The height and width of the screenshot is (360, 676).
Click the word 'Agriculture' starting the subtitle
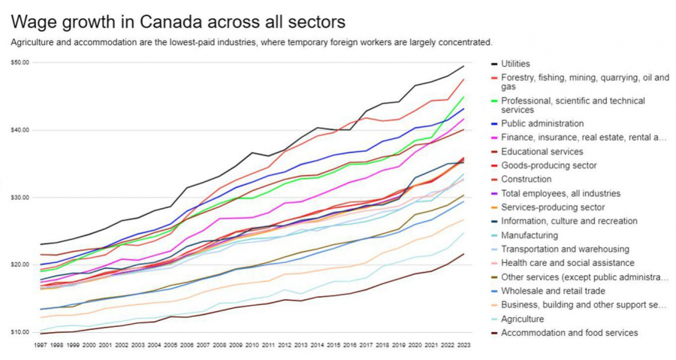coord(34,42)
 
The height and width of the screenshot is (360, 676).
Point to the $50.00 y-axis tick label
coord(20,62)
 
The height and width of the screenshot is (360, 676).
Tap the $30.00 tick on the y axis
coord(20,198)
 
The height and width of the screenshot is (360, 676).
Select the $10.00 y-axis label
coord(20,332)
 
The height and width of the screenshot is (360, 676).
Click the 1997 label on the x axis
coord(41,344)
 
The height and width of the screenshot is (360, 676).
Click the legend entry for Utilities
coord(526,65)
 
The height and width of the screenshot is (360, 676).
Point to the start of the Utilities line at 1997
coord(41,244)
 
